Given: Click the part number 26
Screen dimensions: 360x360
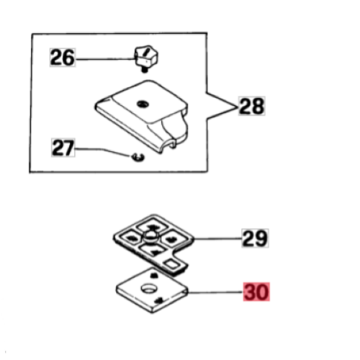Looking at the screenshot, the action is point(63,58).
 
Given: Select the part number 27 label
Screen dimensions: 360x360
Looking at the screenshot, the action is point(63,148).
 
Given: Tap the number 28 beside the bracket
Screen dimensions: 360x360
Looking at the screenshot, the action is point(251,106).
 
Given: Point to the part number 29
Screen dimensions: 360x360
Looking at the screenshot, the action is point(255,238).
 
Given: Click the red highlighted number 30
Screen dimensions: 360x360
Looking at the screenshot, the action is point(256,292).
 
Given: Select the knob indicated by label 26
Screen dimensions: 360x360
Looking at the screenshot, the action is point(146,56).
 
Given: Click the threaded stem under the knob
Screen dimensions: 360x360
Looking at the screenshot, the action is point(144,70).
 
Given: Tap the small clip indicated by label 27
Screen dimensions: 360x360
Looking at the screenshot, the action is point(138,157).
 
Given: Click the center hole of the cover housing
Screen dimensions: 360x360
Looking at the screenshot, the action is point(143,104).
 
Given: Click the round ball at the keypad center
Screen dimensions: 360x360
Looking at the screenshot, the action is point(151,236).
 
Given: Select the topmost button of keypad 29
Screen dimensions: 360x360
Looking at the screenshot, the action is point(151,226).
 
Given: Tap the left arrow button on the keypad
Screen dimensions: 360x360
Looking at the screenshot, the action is point(130,238).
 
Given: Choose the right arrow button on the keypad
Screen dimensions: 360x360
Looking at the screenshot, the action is point(171,239).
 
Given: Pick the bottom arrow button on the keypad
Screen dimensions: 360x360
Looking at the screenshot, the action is point(152,251).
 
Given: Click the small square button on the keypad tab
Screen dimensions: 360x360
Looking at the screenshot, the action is point(172,264).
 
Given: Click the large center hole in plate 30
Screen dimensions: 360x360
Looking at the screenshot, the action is point(149,288).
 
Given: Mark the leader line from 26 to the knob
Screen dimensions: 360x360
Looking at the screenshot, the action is point(106,59).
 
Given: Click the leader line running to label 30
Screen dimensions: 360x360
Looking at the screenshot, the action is point(215,292).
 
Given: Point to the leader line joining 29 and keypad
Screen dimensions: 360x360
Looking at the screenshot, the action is point(217,238).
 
